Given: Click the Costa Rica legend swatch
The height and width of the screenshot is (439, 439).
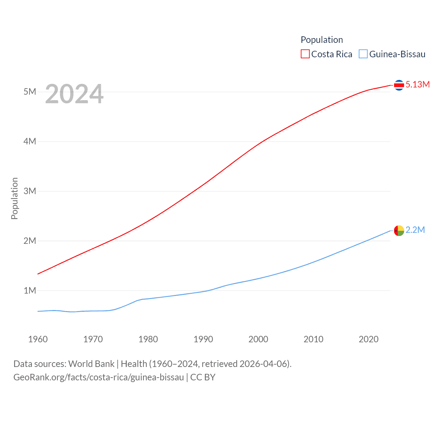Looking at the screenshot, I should coord(305,54).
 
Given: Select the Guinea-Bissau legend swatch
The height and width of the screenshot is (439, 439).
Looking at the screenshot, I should coord(363,54).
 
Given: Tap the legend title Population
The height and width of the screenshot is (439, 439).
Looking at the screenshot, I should coord(322,40).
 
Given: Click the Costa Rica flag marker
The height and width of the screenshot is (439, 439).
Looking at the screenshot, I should coord(399,85).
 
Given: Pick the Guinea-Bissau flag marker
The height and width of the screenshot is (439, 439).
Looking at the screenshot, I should coord(399,230).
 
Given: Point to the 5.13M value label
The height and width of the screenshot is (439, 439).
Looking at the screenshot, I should coord(417,84).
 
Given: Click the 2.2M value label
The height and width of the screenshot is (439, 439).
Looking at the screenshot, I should coord(415,230).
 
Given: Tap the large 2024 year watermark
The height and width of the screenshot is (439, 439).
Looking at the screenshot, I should coord(74,94).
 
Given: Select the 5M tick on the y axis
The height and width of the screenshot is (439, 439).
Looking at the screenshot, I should coord(30,92).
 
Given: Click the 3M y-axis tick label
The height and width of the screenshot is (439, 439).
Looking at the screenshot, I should coord(30,191).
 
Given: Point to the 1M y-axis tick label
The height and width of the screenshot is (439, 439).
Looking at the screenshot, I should coord(30,290).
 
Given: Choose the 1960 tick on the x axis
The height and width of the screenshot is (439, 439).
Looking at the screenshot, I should coord(38,339).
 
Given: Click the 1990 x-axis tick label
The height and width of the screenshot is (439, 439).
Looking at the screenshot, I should coord(203,339).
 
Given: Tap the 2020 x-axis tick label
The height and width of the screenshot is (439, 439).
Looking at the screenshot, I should coord(368,339).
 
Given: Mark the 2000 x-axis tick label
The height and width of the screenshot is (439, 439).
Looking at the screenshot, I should coord(258,339).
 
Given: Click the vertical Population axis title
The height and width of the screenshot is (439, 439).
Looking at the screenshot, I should coord(14,198).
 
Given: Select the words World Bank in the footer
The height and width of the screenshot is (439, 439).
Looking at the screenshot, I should coord(91,364).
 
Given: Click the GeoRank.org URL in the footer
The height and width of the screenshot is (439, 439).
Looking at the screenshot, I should coord(99,377).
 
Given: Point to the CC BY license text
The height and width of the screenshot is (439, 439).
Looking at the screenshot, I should coord(203,377).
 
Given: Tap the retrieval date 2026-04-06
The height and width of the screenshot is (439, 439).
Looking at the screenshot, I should coord(264,364).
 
